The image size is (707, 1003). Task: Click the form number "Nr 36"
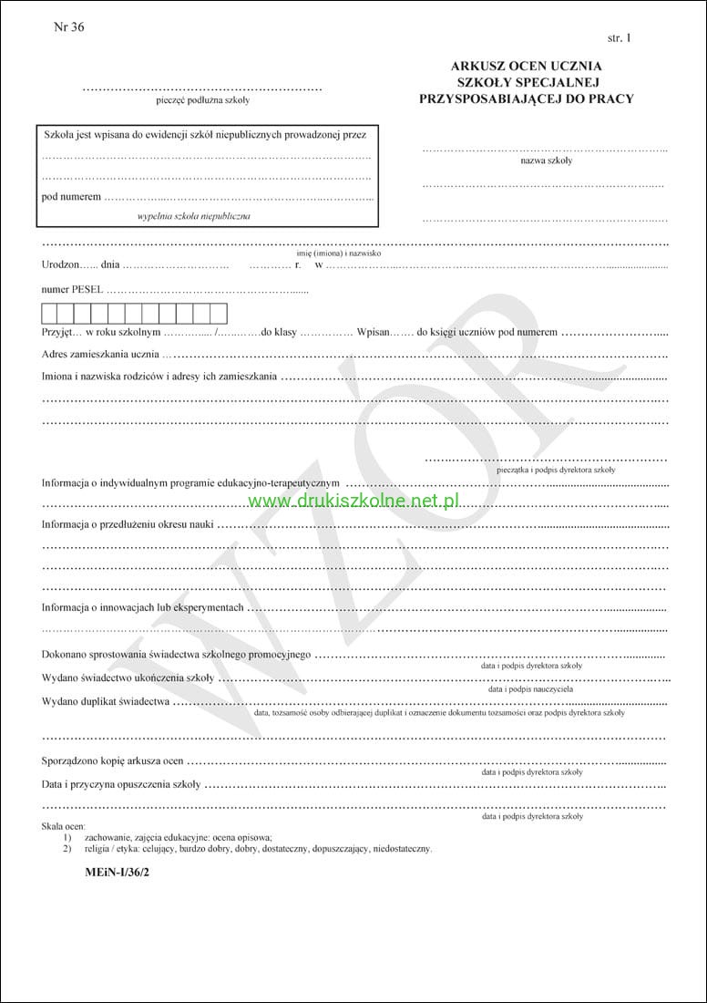[x=69, y=27]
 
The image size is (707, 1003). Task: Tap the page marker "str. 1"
[x=618, y=38]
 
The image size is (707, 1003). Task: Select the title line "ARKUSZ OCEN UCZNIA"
[x=526, y=67]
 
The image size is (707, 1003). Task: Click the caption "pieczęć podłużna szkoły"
[x=202, y=100]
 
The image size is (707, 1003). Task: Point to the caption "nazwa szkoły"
[x=546, y=160]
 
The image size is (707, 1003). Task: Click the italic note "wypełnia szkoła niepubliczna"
[x=193, y=216]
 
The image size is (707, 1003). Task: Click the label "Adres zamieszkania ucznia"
[x=100, y=354]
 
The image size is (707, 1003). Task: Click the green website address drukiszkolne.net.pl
[x=353, y=501]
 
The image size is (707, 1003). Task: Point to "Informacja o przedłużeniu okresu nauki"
[x=128, y=524]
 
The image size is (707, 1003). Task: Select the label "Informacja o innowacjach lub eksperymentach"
[x=143, y=607]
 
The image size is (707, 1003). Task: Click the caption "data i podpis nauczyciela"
[x=531, y=689]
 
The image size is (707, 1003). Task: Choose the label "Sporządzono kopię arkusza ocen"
[x=113, y=760]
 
